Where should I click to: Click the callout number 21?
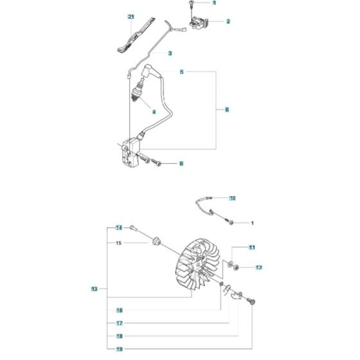click(131, 15)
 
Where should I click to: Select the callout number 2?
click(228, 21)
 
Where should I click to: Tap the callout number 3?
click(170, 53)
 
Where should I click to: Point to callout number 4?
click(154, 111)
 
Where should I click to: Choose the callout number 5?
click(163, 73)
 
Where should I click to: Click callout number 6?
click(227, 110)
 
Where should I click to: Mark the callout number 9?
click(181, 163)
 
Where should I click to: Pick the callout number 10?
click(232, 198)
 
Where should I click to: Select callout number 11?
click(252, 248)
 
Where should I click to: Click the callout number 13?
click(94, 289)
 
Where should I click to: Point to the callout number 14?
click(119, 228)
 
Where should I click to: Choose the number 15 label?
click(119, 243)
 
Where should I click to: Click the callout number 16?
click(120, 310)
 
